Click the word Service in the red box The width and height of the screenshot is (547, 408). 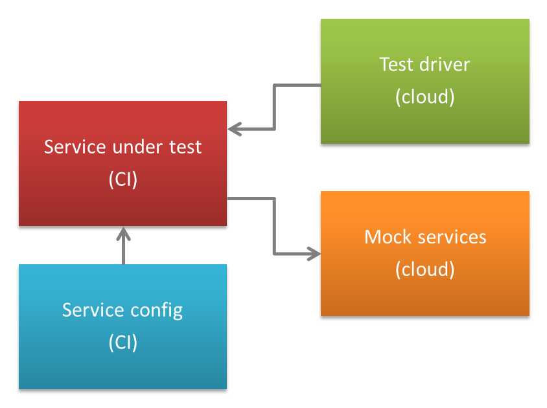[75, 147]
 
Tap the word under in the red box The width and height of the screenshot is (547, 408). [137, 147]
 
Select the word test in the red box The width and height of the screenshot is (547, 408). [185, 147]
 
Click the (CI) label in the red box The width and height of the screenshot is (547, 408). [122, 179]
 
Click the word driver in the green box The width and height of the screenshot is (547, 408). [445, 65]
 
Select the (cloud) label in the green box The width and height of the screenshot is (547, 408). [425, 96]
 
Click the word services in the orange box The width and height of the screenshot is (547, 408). [452, 237]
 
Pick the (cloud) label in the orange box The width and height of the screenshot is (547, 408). [425, 269]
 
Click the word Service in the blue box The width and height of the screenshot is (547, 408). [93, 310]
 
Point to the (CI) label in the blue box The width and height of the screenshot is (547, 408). [122, 343]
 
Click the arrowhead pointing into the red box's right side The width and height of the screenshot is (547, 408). [235, 129]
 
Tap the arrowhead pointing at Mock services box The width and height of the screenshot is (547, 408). [314, 253]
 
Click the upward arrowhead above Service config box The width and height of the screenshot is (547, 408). [123, 234]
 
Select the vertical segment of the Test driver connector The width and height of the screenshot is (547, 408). [275, 107]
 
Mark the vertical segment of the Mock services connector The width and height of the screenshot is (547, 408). [275, 226]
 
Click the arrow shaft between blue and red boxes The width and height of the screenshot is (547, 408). [123, 246]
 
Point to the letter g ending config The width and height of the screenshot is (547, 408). [178, 312]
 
